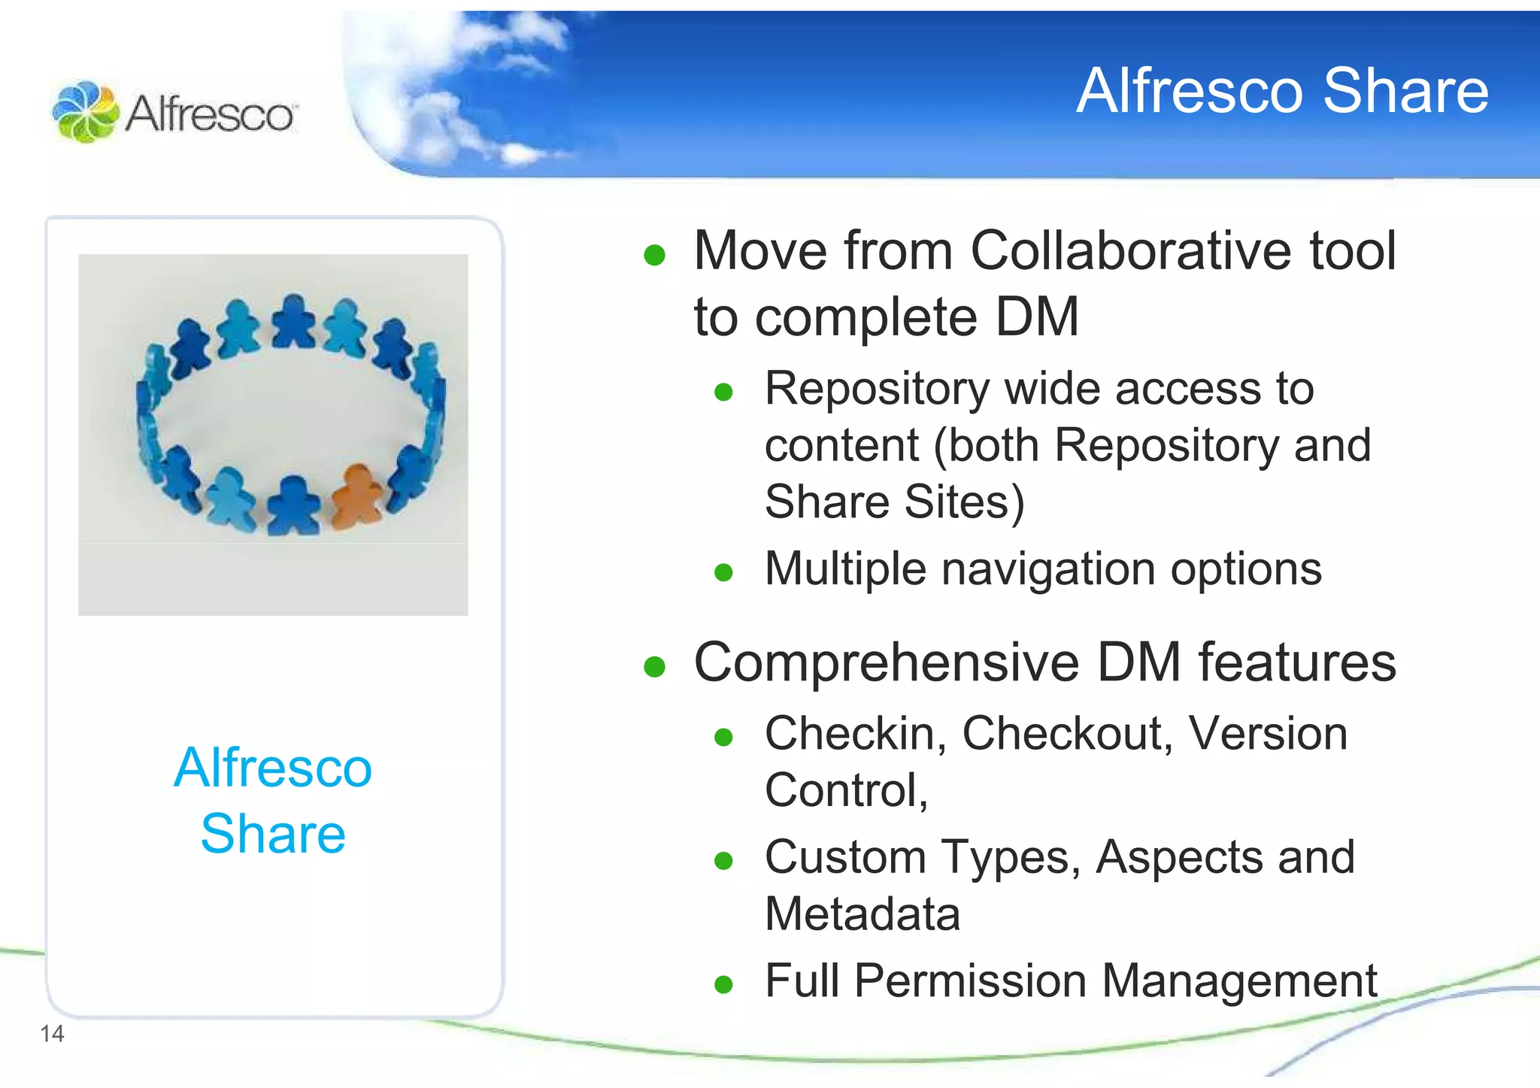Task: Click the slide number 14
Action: (x=52, y=1034)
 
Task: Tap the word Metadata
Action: (x=862, y=914)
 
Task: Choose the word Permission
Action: (x=970, y=980)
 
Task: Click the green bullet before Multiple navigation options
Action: (x=723, y=573)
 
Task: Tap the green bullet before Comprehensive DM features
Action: (x=654, y=666)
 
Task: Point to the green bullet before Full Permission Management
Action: (x=723, y=984)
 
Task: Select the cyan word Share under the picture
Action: (x=273, y=834)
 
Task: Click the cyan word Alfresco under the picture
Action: (x=273, y=768)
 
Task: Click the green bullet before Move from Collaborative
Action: (x=654, y=255)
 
